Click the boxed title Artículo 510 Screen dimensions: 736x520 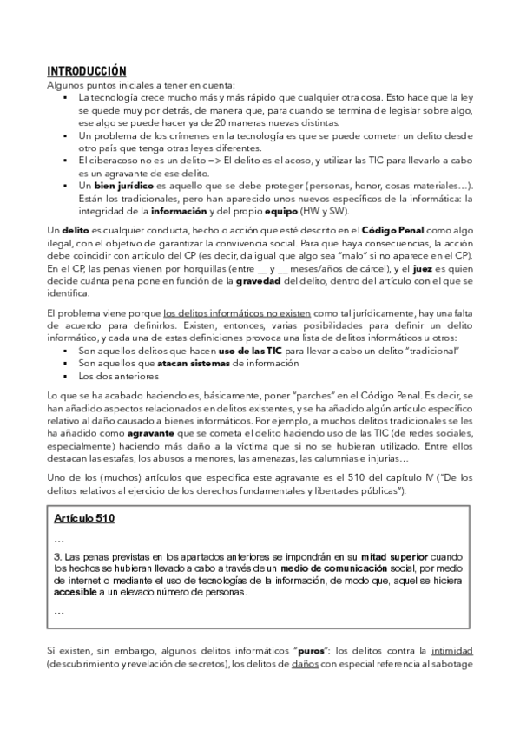click(84, 518)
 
